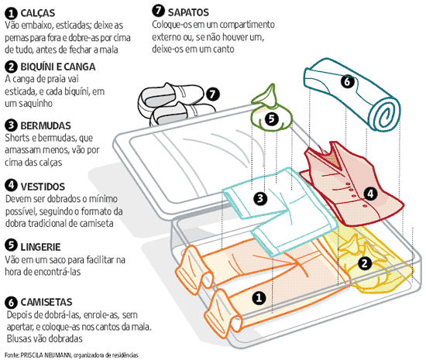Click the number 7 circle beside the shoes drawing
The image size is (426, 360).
tap(214, 94)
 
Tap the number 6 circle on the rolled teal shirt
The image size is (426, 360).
tap(347, 81)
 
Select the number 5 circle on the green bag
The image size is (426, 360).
tap(270, 118)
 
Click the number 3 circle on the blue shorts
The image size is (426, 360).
tap(261, 198)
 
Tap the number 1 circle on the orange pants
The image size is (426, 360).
tap(260, 297)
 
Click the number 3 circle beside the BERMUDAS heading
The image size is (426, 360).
tap(11, 125)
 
